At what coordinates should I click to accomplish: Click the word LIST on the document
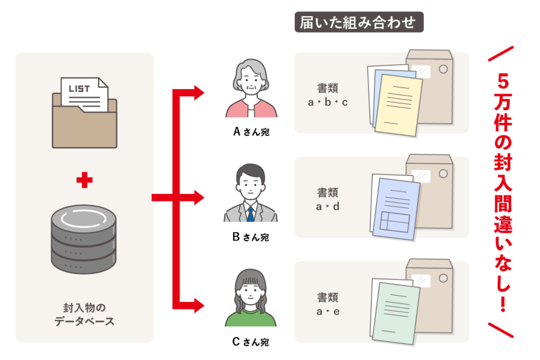pos(79,89)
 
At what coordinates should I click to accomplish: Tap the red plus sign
pos(84,180)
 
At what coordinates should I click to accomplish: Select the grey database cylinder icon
pos(84,239)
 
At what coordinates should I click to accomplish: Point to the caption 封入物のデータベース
pos(84,314)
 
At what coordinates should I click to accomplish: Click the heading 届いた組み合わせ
pos(359,22)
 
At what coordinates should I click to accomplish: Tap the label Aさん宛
pos(251,131)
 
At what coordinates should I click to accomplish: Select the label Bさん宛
pos(250,237)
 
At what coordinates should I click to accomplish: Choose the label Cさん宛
pos(250,342)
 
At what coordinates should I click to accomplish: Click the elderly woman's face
pos(251,83)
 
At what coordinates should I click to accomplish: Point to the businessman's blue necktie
pos(250,213)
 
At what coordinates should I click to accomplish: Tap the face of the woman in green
pos(250,292)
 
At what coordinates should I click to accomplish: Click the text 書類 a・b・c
pos(327,95)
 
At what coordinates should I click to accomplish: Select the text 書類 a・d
pos(327,199)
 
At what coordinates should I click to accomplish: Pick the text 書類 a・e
pos(327,304)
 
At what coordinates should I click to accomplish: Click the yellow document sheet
pos(399,105)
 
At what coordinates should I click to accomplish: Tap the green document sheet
pos(396,313)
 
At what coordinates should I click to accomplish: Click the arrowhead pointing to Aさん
pos(199,93)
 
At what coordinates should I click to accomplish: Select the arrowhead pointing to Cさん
pos(199,305)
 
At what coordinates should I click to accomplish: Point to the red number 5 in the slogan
pos(503,81)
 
